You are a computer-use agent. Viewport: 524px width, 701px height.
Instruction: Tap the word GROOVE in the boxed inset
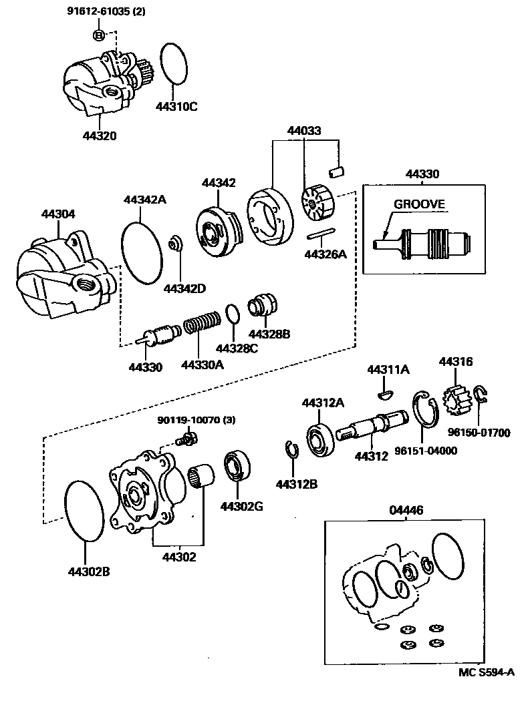(418, 204)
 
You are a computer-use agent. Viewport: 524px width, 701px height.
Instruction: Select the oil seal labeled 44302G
(237, 465)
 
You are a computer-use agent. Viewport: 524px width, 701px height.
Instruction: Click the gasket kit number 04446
(406, 511)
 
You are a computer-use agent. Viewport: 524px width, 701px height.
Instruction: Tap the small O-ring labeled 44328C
(232, 313)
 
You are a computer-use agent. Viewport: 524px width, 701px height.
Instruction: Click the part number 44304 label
(58, 214)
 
